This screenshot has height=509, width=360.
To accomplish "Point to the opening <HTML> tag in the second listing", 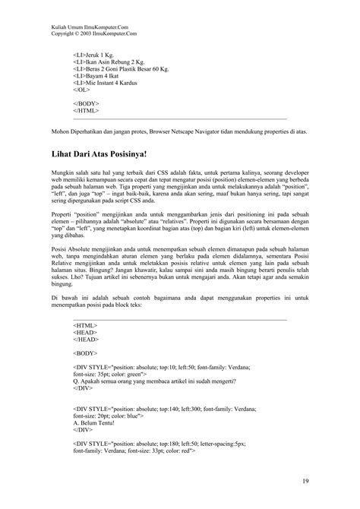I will click(x=84, y=325).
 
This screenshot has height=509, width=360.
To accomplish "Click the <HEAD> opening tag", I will click(x=84, y=333).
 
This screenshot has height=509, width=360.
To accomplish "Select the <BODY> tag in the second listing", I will click(x=85, y=354).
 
